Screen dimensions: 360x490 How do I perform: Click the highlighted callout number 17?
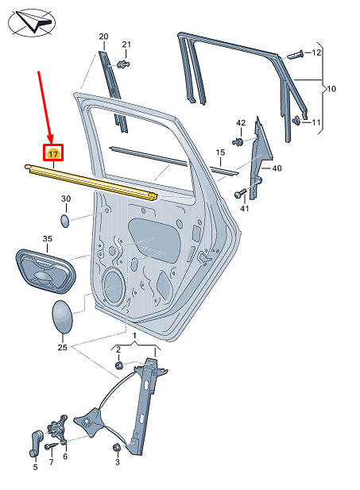coord(53,154)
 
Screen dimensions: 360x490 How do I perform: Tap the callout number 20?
coord(103,37)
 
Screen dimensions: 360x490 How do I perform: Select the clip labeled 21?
coord(123,64)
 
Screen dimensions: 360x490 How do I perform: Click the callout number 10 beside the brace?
coord(331,89)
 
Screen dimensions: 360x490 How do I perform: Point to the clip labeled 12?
coord(295,56)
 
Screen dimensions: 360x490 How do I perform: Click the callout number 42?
coord(241,123)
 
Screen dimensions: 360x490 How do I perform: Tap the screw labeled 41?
coord(241,194)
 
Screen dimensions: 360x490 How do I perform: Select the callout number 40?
coord(277,168)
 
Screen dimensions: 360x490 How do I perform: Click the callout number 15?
coord(220,152)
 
